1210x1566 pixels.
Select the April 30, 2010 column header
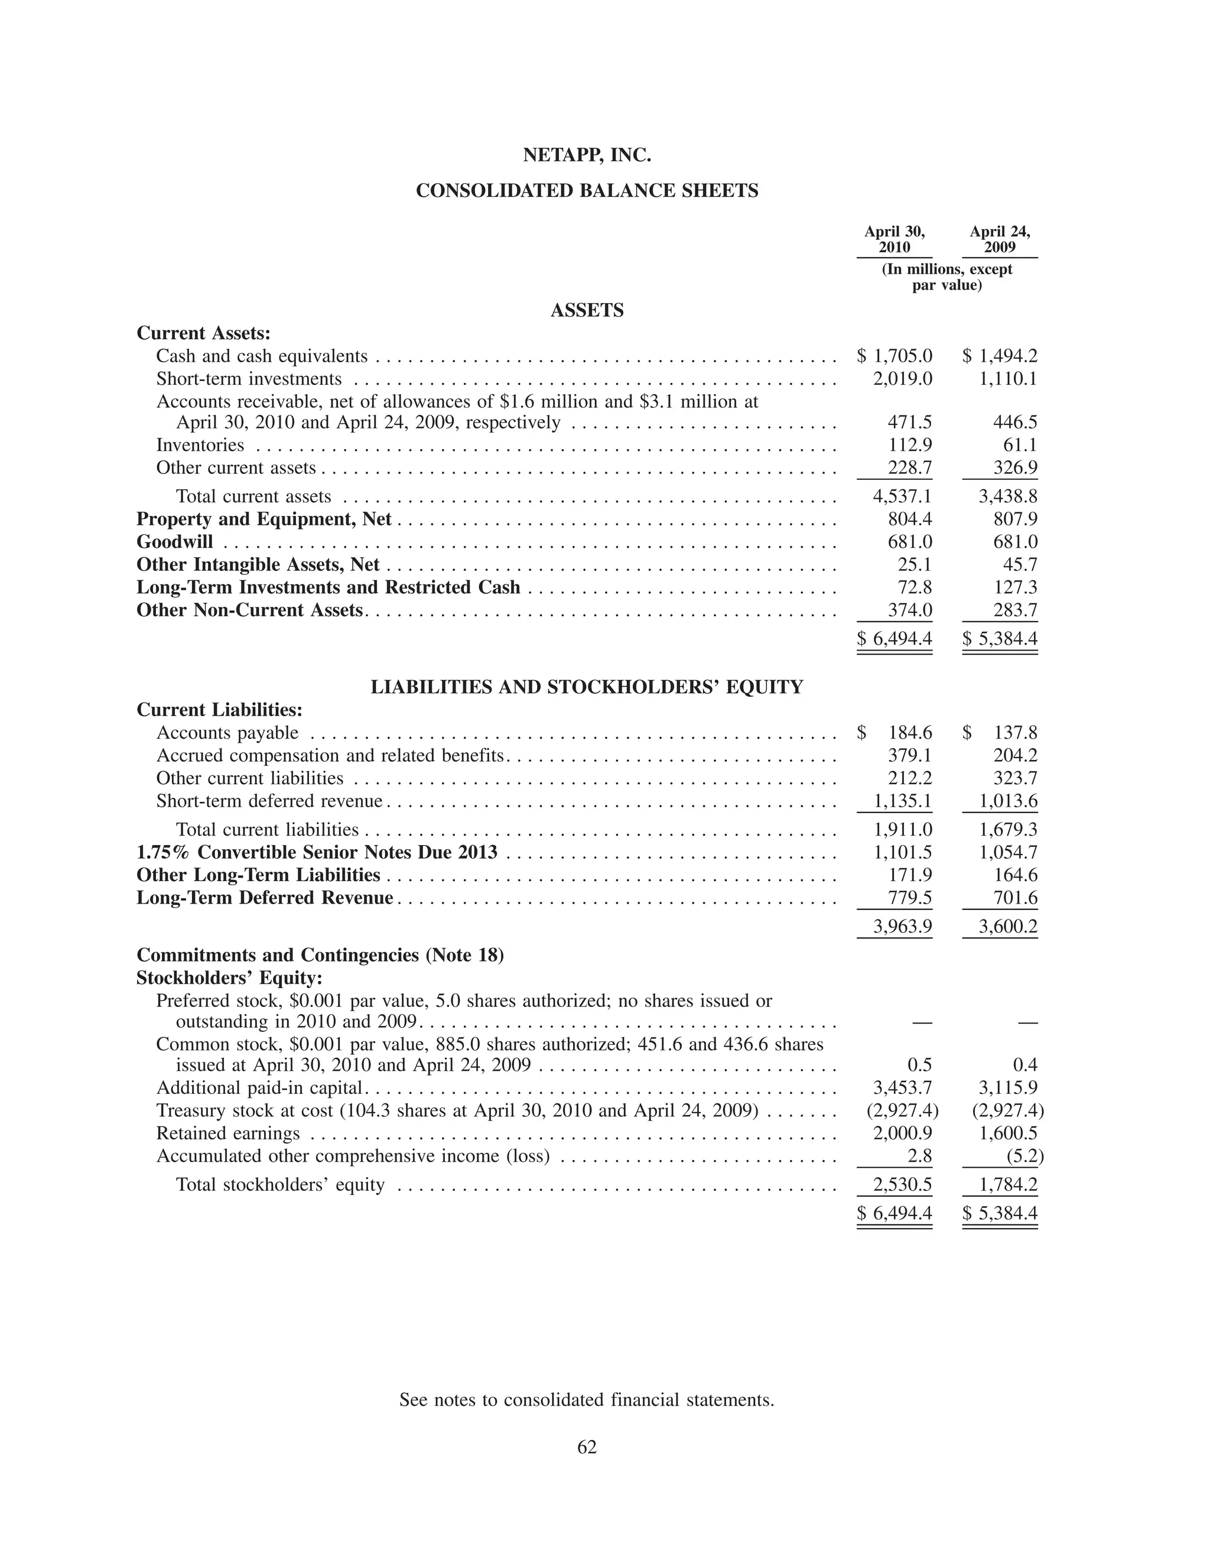click(x=894, y=239)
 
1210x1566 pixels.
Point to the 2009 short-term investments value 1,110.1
click(x=1008, y=379)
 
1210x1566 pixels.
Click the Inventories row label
click(x=200, y=446)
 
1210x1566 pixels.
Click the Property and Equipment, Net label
click(x=264, y=519)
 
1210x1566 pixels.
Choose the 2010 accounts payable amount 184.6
click(x=910, y=733)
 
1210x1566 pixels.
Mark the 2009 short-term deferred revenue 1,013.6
click(x=1008, y=801)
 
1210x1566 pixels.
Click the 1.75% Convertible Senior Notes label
click(x=317, y=853)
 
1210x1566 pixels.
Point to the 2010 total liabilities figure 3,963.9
click(x=903, y=927)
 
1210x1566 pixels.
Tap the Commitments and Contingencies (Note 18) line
click(x=320, y=955)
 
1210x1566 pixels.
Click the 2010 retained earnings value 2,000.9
click(x=903, y=1133)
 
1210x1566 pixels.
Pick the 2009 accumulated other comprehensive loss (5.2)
click(x=1024, y=1156)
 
